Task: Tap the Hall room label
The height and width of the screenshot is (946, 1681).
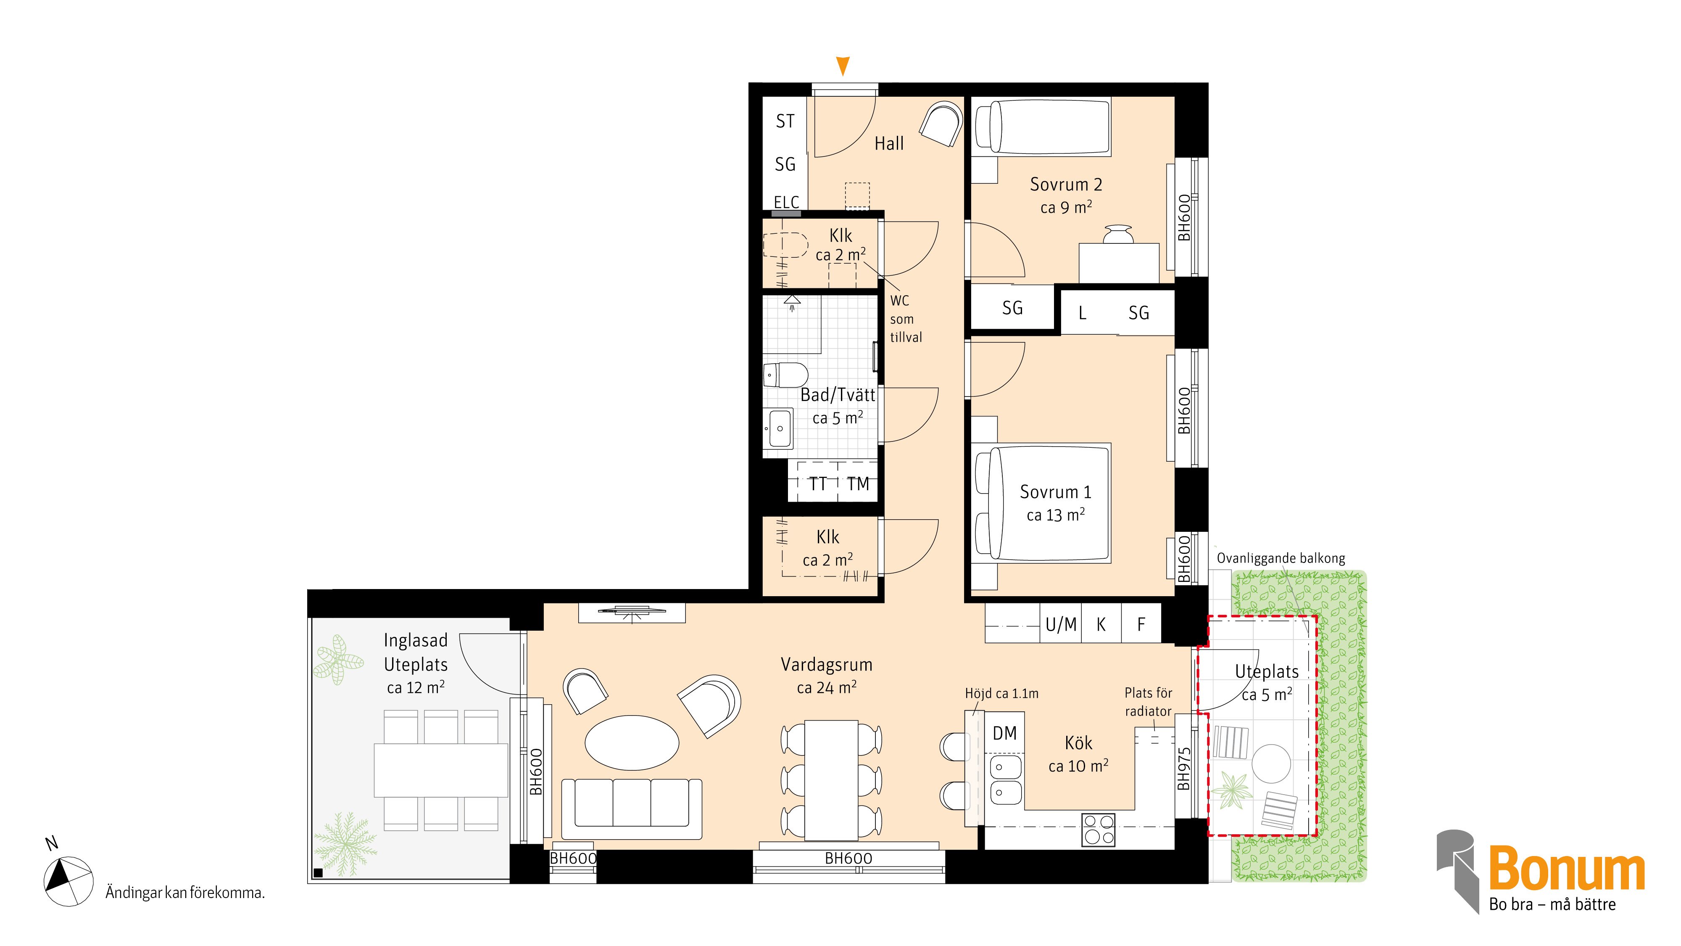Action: click(889, 144)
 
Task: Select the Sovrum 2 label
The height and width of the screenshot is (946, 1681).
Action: click(1066, 185)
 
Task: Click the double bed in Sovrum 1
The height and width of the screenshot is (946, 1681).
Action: click(1042, 503)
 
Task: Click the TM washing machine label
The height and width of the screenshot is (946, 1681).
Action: click(858, 484)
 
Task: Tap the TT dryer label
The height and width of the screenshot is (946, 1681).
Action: click(818, 484)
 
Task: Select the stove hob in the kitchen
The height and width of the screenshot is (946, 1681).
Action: click(1098, 830)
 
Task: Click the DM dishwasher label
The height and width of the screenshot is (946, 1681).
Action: click(1004, 733)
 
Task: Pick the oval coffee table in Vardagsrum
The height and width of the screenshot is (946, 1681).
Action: click(632, 743)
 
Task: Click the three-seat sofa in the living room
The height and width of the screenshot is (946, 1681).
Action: click(632, 808)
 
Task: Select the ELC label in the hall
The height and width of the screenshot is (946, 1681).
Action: click(786, 202)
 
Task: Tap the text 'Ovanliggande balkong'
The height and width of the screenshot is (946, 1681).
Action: click(1281, 558)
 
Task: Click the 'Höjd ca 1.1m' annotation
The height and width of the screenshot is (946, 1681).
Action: click(1002, 693)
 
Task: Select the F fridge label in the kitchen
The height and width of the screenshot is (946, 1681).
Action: click(1141, 625)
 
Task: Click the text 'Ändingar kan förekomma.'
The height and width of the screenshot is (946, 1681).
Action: click(185, 893)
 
